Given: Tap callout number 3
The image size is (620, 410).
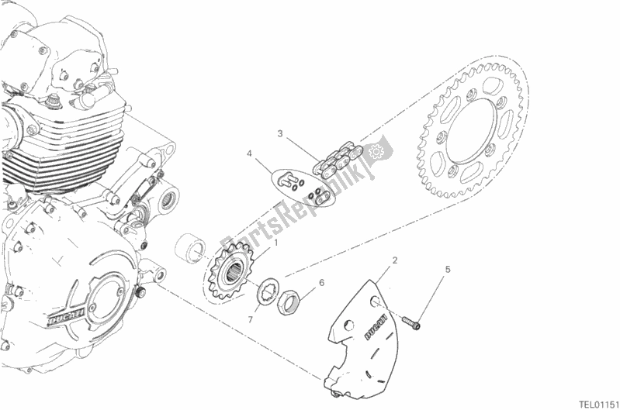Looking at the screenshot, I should pyautogui.click(x=281, y=133).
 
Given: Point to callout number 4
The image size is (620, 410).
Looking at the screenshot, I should pyautogui.click(x=250, y=155).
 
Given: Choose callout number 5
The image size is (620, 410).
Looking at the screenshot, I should pyautogui.click(x=447, y=270).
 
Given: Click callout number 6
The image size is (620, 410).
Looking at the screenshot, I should pyautogui.click(x=322, y=283).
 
